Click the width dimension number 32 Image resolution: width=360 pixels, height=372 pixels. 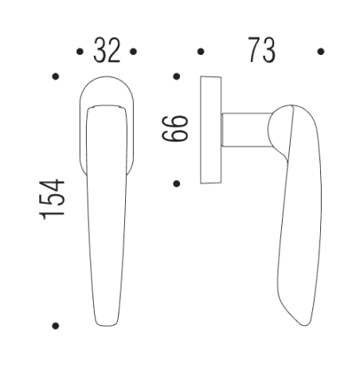(106, 51)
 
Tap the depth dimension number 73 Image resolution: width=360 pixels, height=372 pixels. (260, 51)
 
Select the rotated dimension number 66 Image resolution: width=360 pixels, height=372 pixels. (180, 130)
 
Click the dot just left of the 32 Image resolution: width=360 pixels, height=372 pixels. (79, 52)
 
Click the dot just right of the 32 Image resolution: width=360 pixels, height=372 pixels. (134, 52)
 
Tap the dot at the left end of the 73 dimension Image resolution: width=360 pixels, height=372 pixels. (200, 52)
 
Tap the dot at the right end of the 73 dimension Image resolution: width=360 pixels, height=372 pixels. (320, 52)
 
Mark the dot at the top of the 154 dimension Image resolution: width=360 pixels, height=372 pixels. (54, 76)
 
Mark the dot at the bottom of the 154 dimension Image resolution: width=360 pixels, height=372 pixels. (54, 326)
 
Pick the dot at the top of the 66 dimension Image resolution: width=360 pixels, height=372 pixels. (177, 77)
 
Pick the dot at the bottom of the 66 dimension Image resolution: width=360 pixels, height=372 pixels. (177, 183)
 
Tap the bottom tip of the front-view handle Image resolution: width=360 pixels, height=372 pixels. (106, 322)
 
